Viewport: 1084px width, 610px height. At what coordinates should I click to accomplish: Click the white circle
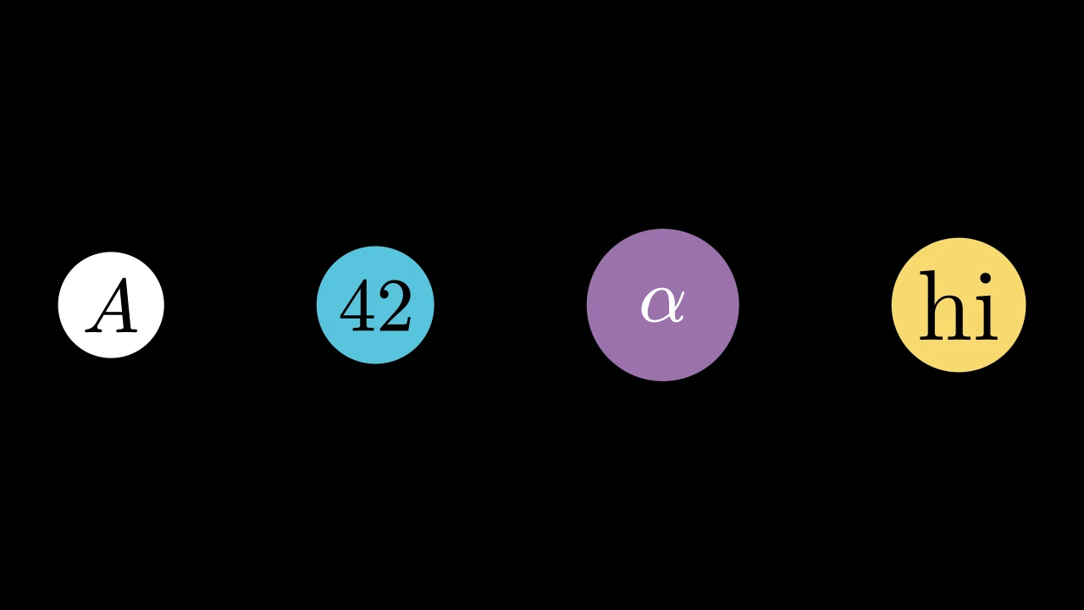111,305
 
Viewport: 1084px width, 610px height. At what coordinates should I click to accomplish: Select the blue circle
375,305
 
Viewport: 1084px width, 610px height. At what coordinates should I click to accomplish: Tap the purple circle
663,305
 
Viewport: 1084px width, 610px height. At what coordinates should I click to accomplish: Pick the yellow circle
959,305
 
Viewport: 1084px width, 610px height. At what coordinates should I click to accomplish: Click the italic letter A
111,305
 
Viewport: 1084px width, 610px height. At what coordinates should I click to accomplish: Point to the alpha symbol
663,305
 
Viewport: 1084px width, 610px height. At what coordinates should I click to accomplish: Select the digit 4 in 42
357,306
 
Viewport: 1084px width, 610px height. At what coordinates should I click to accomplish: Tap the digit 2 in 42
395,306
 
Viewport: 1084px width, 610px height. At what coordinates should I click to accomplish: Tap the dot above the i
985,280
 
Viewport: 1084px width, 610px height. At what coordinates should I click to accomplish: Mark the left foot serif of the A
94,330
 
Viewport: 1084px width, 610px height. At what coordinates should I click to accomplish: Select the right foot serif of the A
127,330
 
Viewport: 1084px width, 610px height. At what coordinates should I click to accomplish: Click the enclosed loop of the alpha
655,306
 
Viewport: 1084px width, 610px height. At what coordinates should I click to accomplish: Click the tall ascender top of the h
927,273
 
